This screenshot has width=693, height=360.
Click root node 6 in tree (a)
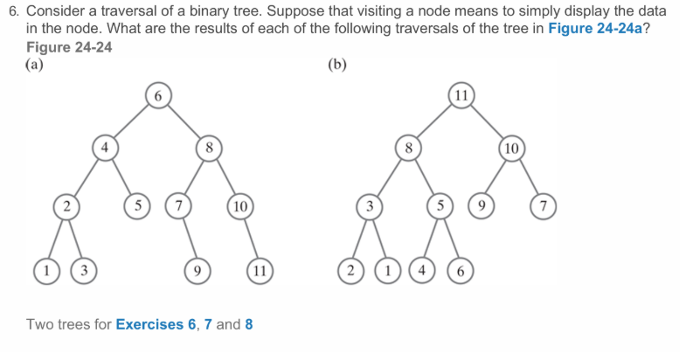pos(157,94)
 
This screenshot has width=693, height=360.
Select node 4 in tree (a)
pos(104,149)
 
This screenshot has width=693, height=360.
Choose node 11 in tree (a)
pos(259,268)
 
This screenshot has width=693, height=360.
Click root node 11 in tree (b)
pos(461,94)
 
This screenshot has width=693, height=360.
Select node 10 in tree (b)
pos(513,149)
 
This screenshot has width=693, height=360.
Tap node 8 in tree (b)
pos(407,149)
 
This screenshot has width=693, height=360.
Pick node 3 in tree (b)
pos(370,207)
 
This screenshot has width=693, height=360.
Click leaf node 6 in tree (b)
pos(461,268)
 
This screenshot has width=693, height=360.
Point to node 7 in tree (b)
pos(544,207)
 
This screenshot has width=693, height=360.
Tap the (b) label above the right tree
pos(336,64)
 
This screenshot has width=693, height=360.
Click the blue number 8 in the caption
pos(249,324)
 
